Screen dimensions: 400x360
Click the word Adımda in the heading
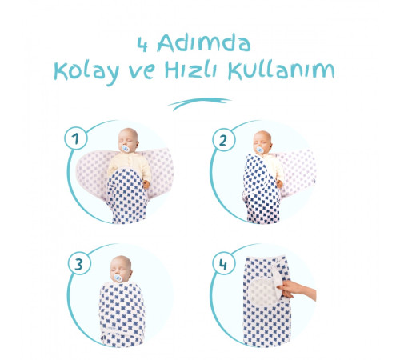coord(204,42)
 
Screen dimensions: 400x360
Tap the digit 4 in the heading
coord(142,45)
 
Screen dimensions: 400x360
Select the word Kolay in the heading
coord(86,71)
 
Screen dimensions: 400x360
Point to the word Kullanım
coord(282,70)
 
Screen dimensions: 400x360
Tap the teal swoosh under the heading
coord(199,103)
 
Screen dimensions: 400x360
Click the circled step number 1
coord(76,138)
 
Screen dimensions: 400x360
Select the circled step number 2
coord(223,140)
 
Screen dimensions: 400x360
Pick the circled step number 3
coord(79,264)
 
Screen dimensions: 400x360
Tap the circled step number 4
coord(223,264)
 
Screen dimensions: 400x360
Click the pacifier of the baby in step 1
coord(125,149)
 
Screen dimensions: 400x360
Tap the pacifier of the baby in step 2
coord(259,150)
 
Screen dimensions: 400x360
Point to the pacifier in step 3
coord(118,278)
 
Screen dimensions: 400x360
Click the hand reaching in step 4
coord(297,290)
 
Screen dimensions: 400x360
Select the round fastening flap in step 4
coord(264,290)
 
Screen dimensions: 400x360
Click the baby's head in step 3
coord(121,269)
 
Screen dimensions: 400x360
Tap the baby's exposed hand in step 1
coord(146,184)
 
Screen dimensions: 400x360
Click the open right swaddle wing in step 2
coord(298,174)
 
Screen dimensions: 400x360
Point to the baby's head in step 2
coord(262,142)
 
